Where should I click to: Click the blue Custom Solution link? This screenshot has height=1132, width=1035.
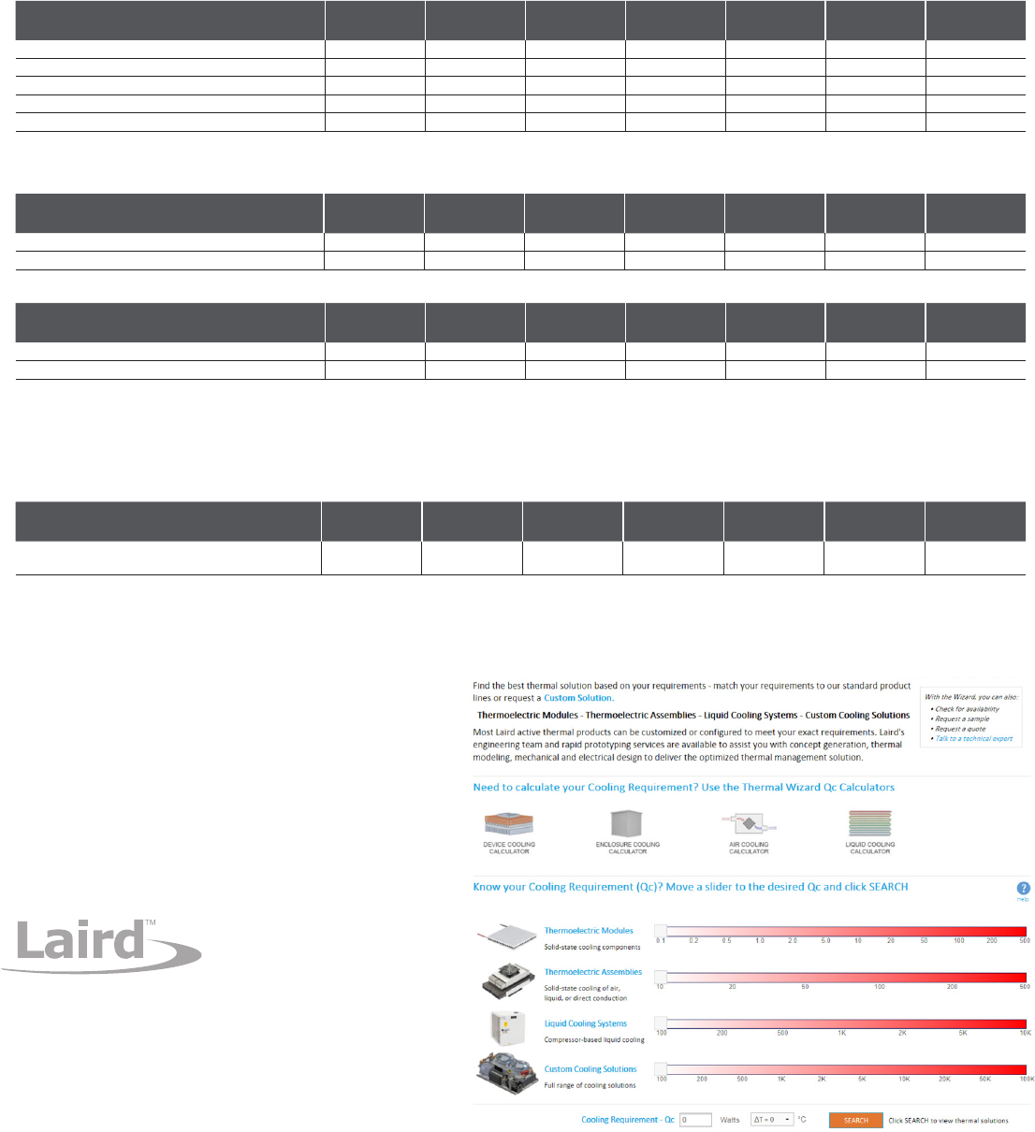pyautogui.click(x=578, y=698)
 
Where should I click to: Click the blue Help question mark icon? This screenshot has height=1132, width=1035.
pyautogui.click(x=1023, y=888)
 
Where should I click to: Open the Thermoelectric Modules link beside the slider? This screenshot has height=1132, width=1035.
pyautogui.click(x=589, y=931)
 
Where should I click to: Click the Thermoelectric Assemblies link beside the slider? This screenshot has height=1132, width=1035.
pyautogui.click(x=593, y=972)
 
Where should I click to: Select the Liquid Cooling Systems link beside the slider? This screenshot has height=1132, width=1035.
pyautogui.click(x=586, y=1023)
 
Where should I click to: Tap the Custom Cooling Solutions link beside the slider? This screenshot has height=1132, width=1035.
pyautogui.click(x=590, y=1069)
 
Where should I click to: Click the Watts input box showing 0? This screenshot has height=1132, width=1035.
pyautogui.click(x=695, y=1120)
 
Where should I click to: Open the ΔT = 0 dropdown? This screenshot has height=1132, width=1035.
pyautogui.click(x=772, y=1120)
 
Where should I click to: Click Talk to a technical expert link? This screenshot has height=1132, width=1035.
pyautogui.click(x=974, y=739)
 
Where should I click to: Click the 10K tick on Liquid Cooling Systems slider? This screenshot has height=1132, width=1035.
pyautogui.click(x=1025, y=1033)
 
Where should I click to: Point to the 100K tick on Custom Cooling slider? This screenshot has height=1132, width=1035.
pyautogui.click(x=1026, y=1079)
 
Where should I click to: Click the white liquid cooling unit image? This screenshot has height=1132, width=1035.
pyautogui.click(x=506, y=1028)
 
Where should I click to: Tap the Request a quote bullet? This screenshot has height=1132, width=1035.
pyautogui.click(x=960, y=729)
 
